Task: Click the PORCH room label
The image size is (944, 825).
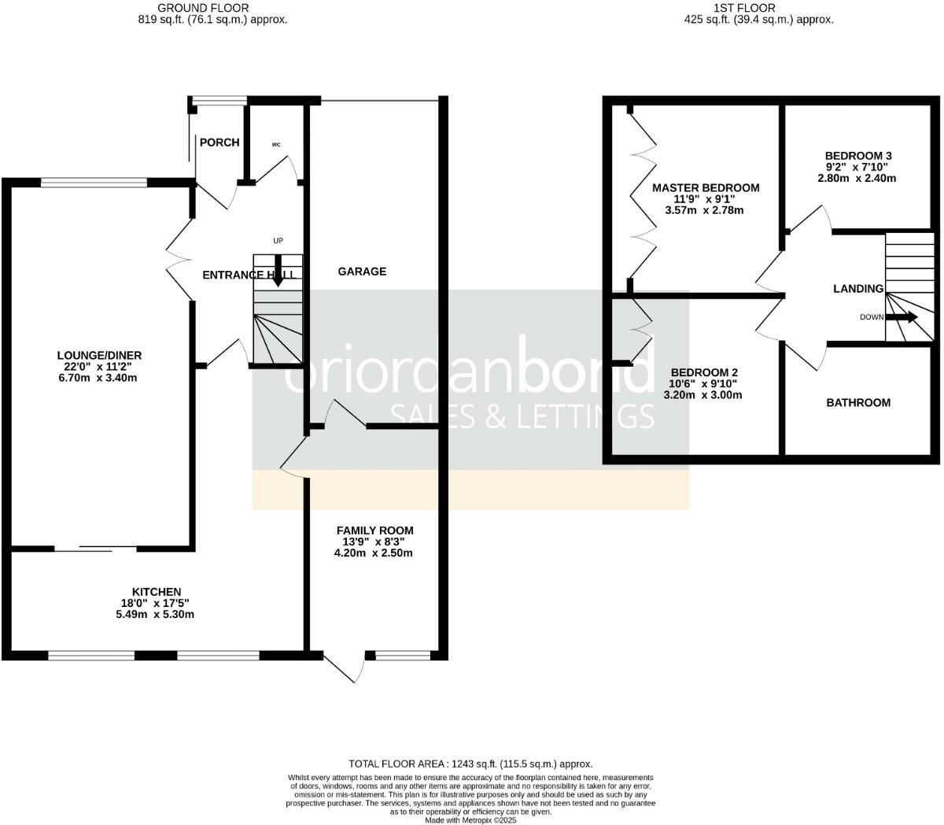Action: [x=219, y=142]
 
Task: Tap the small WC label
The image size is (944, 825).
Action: [x=276, y=145]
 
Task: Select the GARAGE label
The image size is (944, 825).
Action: [x=362, y=272]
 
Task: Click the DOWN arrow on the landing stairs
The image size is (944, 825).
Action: [x=902, y=317]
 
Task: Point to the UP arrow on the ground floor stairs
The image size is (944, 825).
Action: [x=278, y=270]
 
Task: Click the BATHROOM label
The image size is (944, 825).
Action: [x=858, y=402]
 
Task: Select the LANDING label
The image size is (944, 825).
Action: [x=858, y=289]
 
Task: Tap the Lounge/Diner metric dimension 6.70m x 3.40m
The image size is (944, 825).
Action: [x=98, y=378]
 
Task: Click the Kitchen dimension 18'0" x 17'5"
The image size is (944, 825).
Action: [x=156, y=603]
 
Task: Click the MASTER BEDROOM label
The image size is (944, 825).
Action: [x=706, y=187]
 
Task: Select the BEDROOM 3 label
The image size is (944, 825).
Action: [x=857, y=155]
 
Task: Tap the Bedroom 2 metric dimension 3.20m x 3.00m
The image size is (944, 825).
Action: [x=702, y=395]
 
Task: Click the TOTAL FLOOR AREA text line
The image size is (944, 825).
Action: [x=470, y=764]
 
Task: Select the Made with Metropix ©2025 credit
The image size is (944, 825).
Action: [x=470, y=819]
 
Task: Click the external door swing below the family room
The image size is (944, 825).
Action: [x=346, y=668]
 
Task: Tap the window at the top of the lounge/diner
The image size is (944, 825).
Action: [x=94, y=183]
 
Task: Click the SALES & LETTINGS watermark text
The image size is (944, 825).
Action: [x=522, y=415]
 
